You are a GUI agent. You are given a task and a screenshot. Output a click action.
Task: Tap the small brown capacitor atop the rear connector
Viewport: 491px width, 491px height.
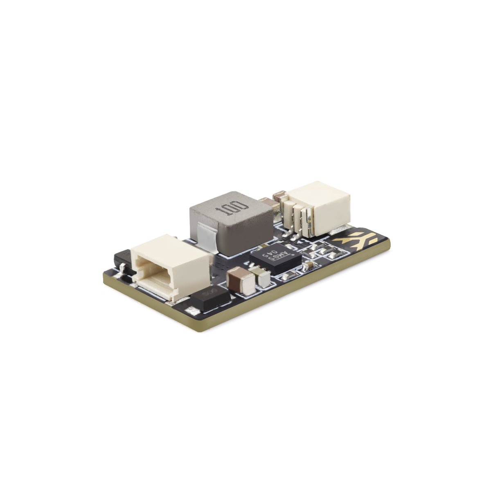tap(279, 196)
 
